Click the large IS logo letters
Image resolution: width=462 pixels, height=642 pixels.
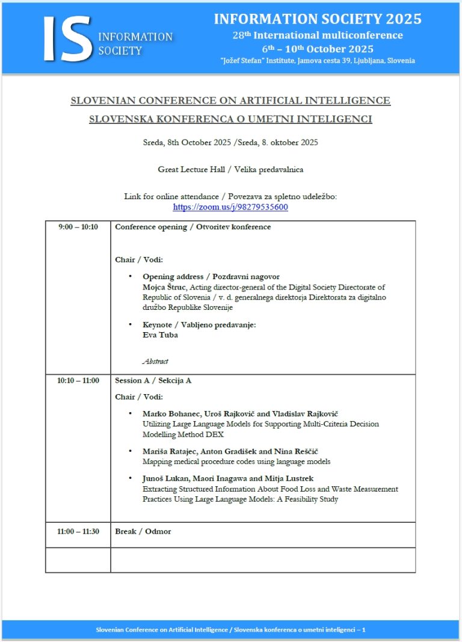(x=67, y=38)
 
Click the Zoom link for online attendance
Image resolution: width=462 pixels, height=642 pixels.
(x=230, y=207)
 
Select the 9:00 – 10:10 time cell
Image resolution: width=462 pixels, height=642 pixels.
(x=78, y=227)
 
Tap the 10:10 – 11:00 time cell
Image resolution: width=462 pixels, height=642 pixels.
(x=78, y=380)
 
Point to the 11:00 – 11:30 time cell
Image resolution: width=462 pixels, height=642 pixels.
(x=78, y=531)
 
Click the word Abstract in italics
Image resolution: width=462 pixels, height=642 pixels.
(x=155, y=362)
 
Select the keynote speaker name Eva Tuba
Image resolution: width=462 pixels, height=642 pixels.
(x=160, y=335)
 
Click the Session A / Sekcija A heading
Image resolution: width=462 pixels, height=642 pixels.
(x=153, y=380)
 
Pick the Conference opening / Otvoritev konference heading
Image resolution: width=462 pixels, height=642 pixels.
(x=192, y=227)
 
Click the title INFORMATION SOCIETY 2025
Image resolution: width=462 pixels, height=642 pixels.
(x=318, y=19)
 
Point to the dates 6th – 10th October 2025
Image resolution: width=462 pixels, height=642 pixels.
(x=318, y=49)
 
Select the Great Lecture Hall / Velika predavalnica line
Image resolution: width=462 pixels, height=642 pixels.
(x=230, y=169)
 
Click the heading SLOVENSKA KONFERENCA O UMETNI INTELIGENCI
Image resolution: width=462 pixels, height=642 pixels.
(x=230, y=119)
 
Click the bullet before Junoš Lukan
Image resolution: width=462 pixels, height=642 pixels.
(x=131, y=478)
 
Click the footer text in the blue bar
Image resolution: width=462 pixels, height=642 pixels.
(x=230, y=629)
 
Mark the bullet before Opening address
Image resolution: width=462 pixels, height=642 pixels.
(x=131, y=276)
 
